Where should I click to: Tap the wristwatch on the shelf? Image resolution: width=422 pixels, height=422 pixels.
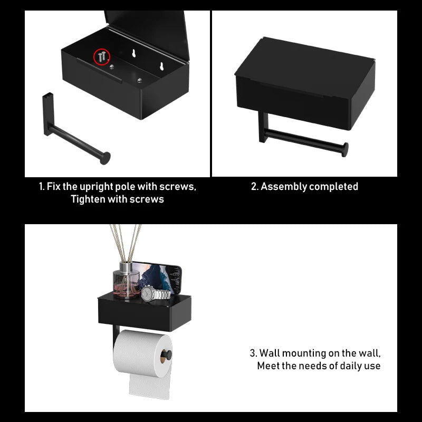[x=156, y=293]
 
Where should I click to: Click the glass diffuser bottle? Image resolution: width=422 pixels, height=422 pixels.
[x=126, y=281]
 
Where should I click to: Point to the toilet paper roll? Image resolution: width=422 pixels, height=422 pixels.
[x=142, y=353]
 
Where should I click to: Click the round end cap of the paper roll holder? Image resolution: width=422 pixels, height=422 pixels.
[x=167, y=355]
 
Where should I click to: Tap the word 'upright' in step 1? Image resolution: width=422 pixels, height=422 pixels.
[x=97, y=187]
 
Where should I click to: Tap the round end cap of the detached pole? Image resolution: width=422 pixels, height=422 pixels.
[x=105, y=158]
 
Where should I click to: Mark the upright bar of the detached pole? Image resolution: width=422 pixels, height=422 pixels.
[x=48, y=114]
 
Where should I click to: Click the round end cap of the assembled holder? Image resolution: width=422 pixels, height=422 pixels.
[x=345, y=150]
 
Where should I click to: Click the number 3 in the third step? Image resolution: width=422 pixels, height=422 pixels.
[x=253, y=353]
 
